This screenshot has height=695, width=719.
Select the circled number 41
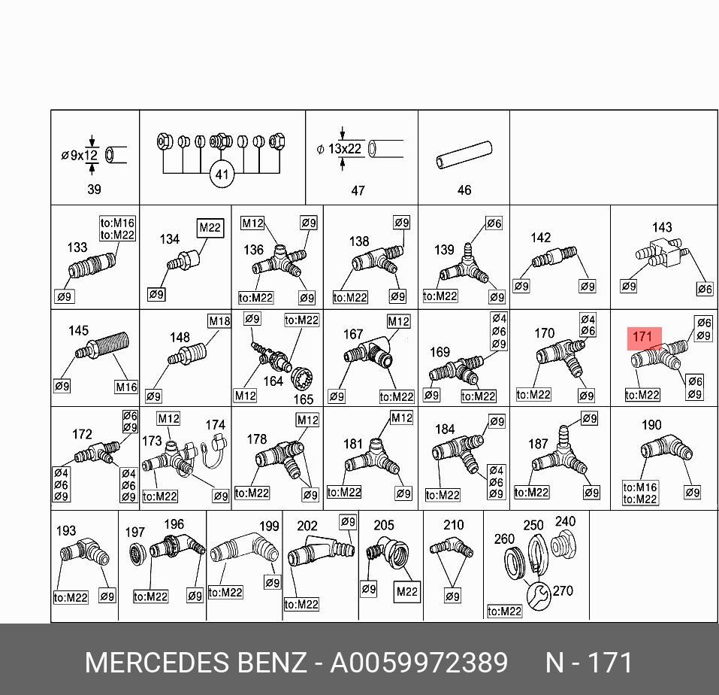point(222,175)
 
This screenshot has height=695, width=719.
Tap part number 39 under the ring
point(94,190)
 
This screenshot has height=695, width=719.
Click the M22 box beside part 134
point(210,228)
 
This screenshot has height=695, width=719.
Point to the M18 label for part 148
point(219,321)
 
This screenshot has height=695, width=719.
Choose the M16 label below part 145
point(125,387)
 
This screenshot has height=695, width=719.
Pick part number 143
point(662,227)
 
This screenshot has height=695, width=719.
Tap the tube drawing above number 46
point(464,154)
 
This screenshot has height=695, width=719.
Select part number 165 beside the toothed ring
point(304,399)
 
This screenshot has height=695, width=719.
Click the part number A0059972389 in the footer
point(419,663)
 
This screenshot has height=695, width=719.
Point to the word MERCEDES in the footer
point(156,663)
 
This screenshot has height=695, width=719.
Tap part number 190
point(651,425)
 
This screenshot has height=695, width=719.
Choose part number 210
point(454,525)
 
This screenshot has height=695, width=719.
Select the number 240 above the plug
point(565,521)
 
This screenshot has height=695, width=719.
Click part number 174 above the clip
point(216,425)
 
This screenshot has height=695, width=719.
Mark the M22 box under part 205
point(406,592)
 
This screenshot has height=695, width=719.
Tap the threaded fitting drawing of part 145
point(103,350)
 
